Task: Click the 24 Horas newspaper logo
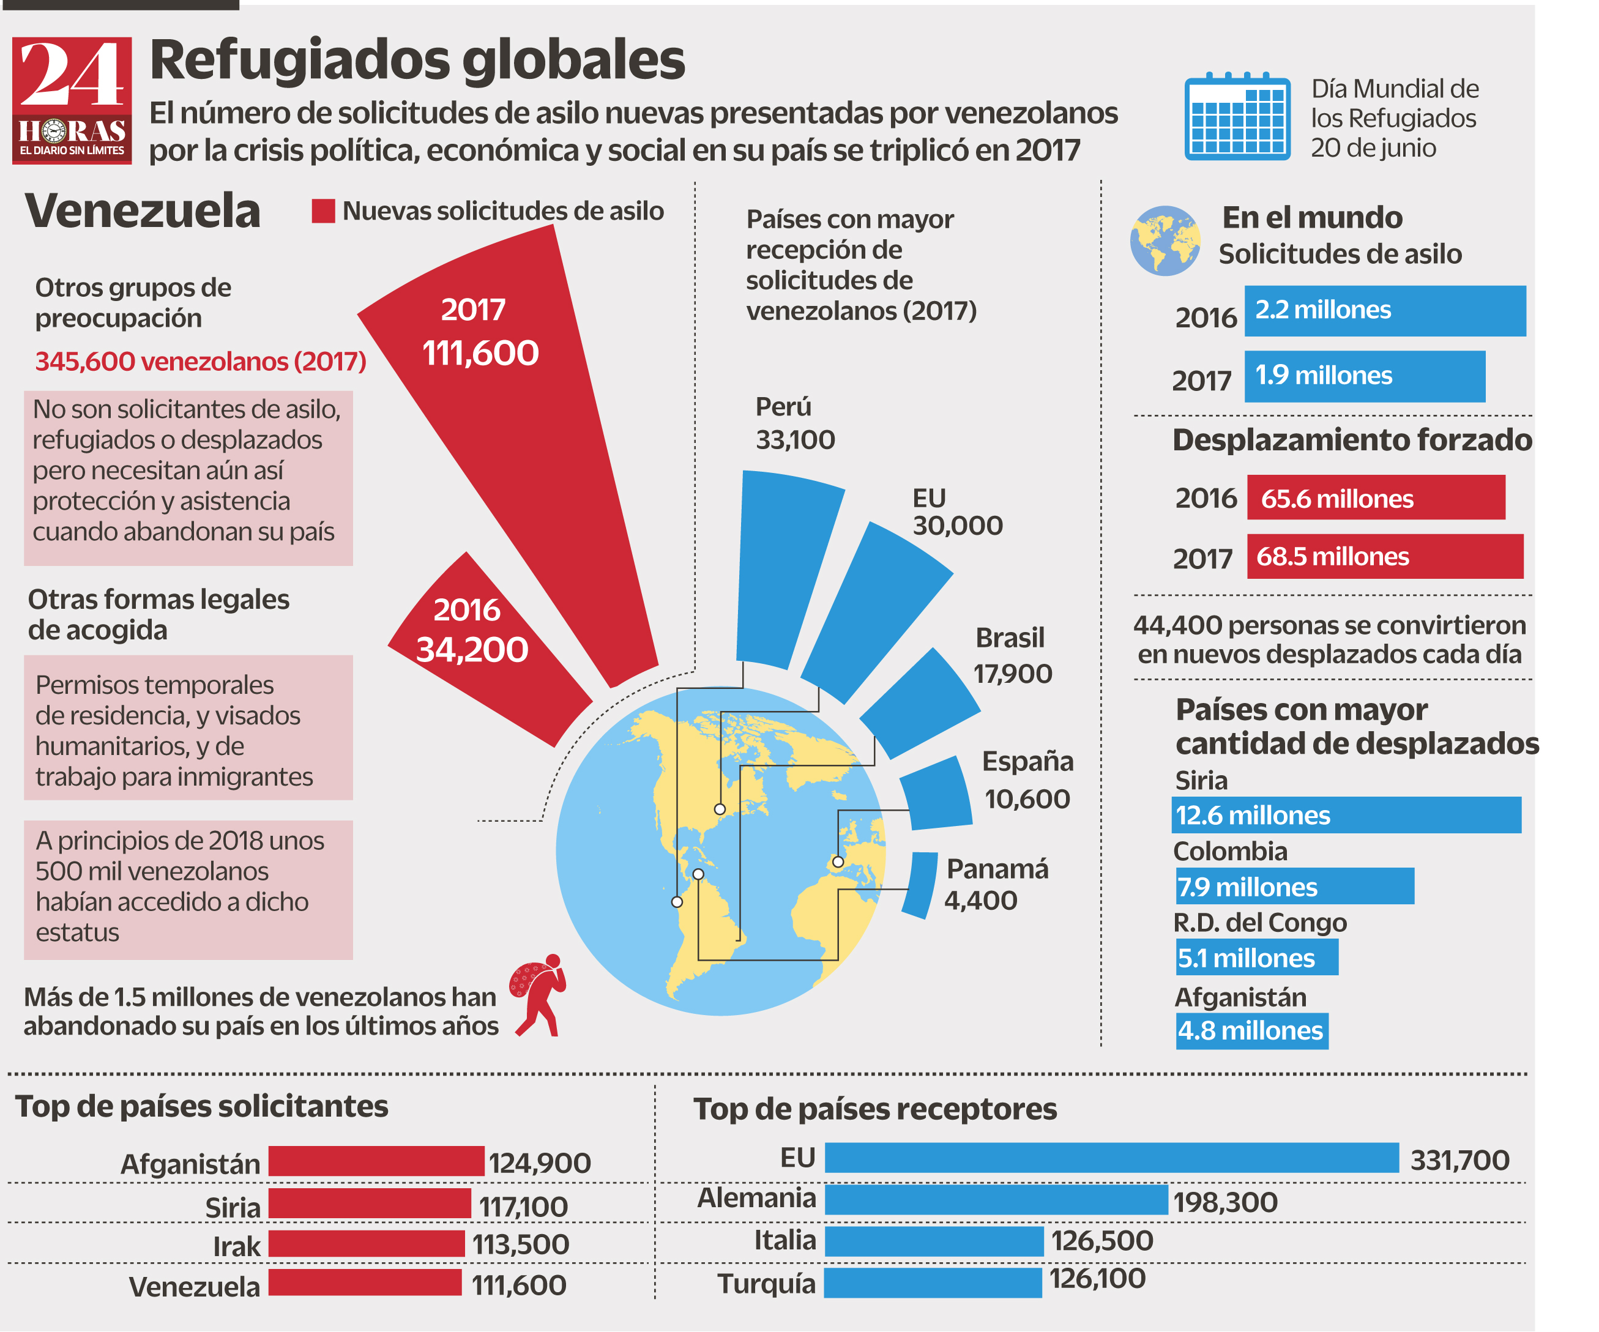tap(72, 100)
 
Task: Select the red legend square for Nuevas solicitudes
tap(323, 211)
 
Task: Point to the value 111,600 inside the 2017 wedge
tap(480, 353)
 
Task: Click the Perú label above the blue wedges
tap(783, 407)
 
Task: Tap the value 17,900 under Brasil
tap(1012, 674)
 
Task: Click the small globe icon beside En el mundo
tap(1165, 240)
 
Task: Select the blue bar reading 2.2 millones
tap(1384, 311)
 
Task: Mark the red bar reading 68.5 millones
tap(1384, 556)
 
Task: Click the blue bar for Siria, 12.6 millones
tap(1346, 815)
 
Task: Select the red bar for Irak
tap(367, 1244)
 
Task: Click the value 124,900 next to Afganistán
tap(539, 1163)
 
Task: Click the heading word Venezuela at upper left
tap(143, 211)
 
